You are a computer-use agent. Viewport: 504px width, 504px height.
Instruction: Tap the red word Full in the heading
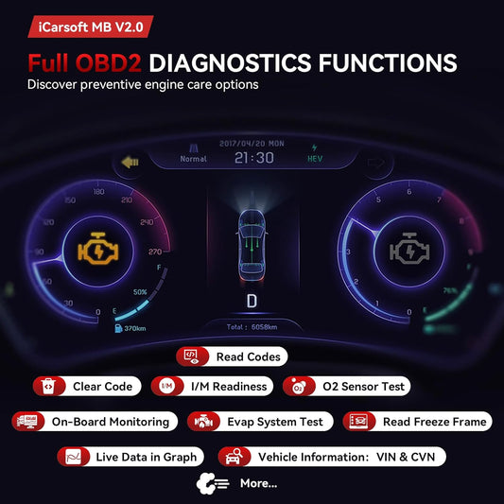coord(58,64)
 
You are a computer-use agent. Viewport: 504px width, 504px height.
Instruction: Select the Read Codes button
coord(231,356)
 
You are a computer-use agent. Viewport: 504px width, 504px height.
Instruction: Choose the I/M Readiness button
coord(212,386)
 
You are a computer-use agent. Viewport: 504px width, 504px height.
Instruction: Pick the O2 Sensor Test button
coord(346,386)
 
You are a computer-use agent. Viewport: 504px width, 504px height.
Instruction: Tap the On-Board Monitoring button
coord(94,421)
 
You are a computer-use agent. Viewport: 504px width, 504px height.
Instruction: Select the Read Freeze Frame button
coord(417,421)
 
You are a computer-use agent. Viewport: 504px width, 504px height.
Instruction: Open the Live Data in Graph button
coord(133,457)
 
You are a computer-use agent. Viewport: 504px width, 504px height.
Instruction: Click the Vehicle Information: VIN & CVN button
coord(331,457)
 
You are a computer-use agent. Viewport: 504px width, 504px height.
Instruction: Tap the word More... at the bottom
coord(259,483)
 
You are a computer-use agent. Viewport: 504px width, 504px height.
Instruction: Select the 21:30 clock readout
coord(252,158)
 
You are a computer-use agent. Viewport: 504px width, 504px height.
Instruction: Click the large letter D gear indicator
coord(252,302)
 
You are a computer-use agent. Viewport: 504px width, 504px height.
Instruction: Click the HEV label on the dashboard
coord(315,159)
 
